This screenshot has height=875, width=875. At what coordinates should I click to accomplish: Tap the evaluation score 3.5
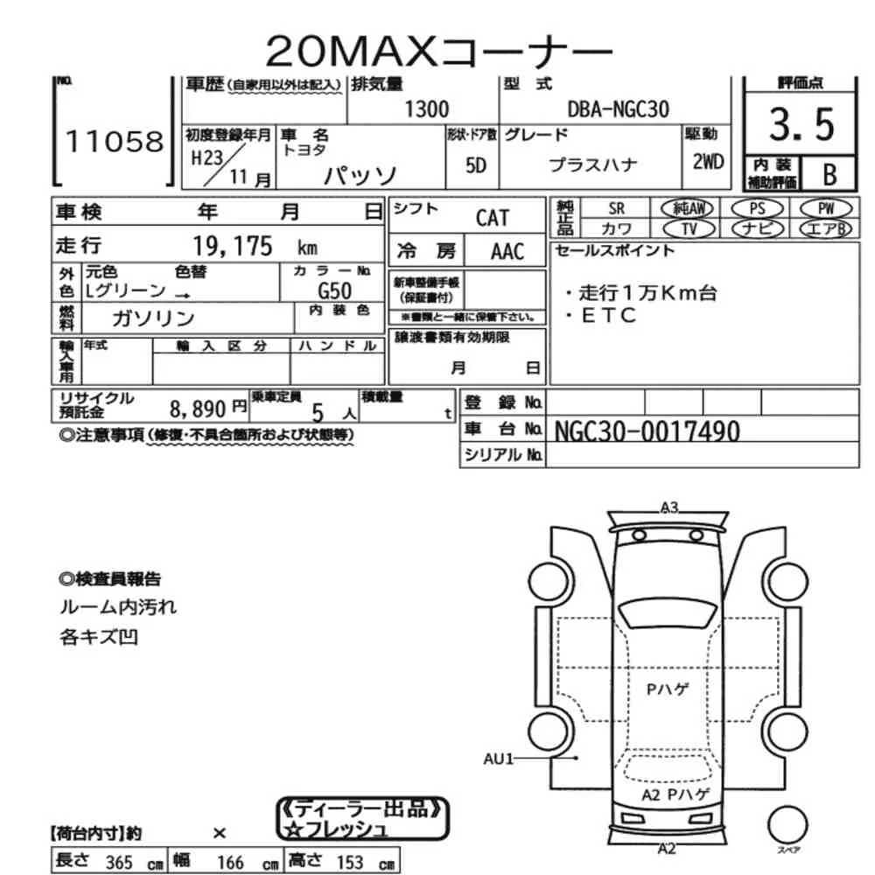801,126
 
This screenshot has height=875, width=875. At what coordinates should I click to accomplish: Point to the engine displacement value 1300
427,109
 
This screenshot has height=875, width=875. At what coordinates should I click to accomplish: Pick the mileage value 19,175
233,246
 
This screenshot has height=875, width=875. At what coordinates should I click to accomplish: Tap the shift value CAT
492,218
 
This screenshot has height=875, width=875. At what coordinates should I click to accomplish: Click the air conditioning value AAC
507,253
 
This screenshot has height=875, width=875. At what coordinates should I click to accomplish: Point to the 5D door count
475,165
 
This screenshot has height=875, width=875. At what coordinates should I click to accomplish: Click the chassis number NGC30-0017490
647,430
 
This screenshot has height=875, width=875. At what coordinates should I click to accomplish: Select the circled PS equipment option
755,208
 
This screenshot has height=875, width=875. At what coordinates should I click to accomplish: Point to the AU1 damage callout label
500,759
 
